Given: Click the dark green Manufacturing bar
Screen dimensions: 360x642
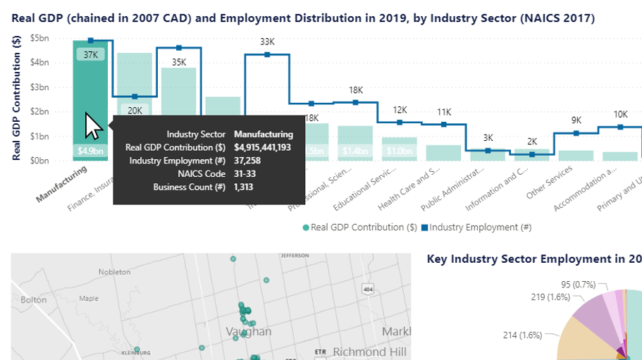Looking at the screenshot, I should tap(90, 85).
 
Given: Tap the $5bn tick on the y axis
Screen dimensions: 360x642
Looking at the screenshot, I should tap(58, 37).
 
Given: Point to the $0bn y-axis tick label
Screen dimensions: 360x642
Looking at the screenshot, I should tap(58, 161).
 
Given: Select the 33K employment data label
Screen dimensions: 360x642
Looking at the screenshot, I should tap(267, 42).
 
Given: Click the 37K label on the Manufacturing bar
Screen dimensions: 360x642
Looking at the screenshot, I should tap(90, 54).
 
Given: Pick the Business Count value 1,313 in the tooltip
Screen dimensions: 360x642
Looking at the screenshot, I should tap(243, 187).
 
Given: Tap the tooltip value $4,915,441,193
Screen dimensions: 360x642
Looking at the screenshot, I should tap(263, 147).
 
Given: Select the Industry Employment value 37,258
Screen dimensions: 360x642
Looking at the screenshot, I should tap(246, 161).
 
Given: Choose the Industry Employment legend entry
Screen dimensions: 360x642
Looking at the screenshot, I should tap(480, 227).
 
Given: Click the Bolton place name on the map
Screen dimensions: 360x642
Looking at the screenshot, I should tap(34, 299).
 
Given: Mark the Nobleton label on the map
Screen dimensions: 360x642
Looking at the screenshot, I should tap(114, 271).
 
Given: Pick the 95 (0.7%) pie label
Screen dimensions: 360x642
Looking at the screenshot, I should tap(578, 285).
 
